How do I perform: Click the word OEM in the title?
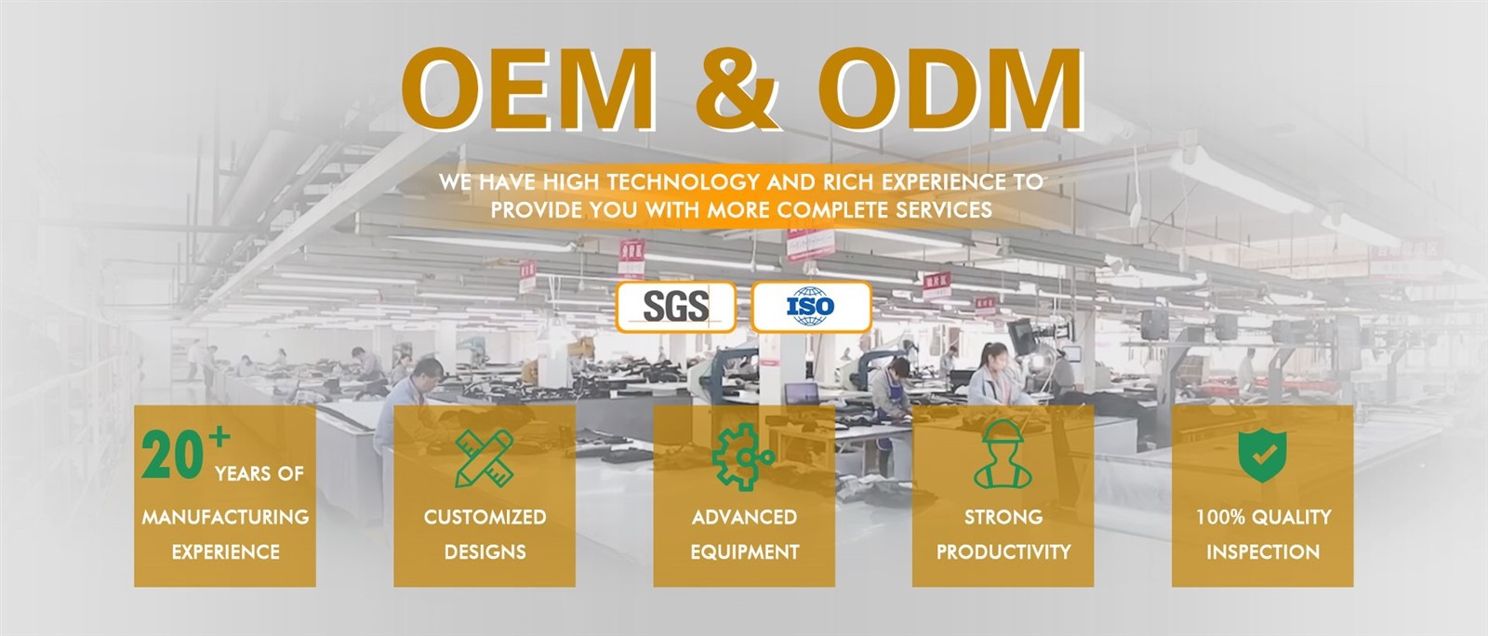pyautogui.click(x=529, y=89)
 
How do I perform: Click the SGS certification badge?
pyautogui.click(x=675, y=307)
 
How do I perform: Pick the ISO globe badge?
pyautogui.click(x=811, y=307)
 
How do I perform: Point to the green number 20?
pyautogui.click(x=172, y=455)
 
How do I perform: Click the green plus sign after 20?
pyautogui.click(x=219, y=436)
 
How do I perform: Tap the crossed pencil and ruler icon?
pyautogui.click(x=485, y=458)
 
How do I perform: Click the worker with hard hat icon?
pyautogui.click(x=1003, y=454)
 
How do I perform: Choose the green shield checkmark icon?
pyautogui.click(x=1262, y=455)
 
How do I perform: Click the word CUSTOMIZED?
pyautogui.click(x=485, y=517)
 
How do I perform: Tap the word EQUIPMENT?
pyautogui.click(x=745, y=552)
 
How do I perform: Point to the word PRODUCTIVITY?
pyautogui.click(x=1003, y=552)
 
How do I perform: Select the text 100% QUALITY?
pyautogui.click(x=1264, y=517)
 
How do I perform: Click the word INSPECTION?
pyautogui.click(x=1264, y=552)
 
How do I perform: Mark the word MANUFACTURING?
pyautogui.click(x=226, y=517)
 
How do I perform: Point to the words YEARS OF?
pyautogui.click(x=259, y=473)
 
